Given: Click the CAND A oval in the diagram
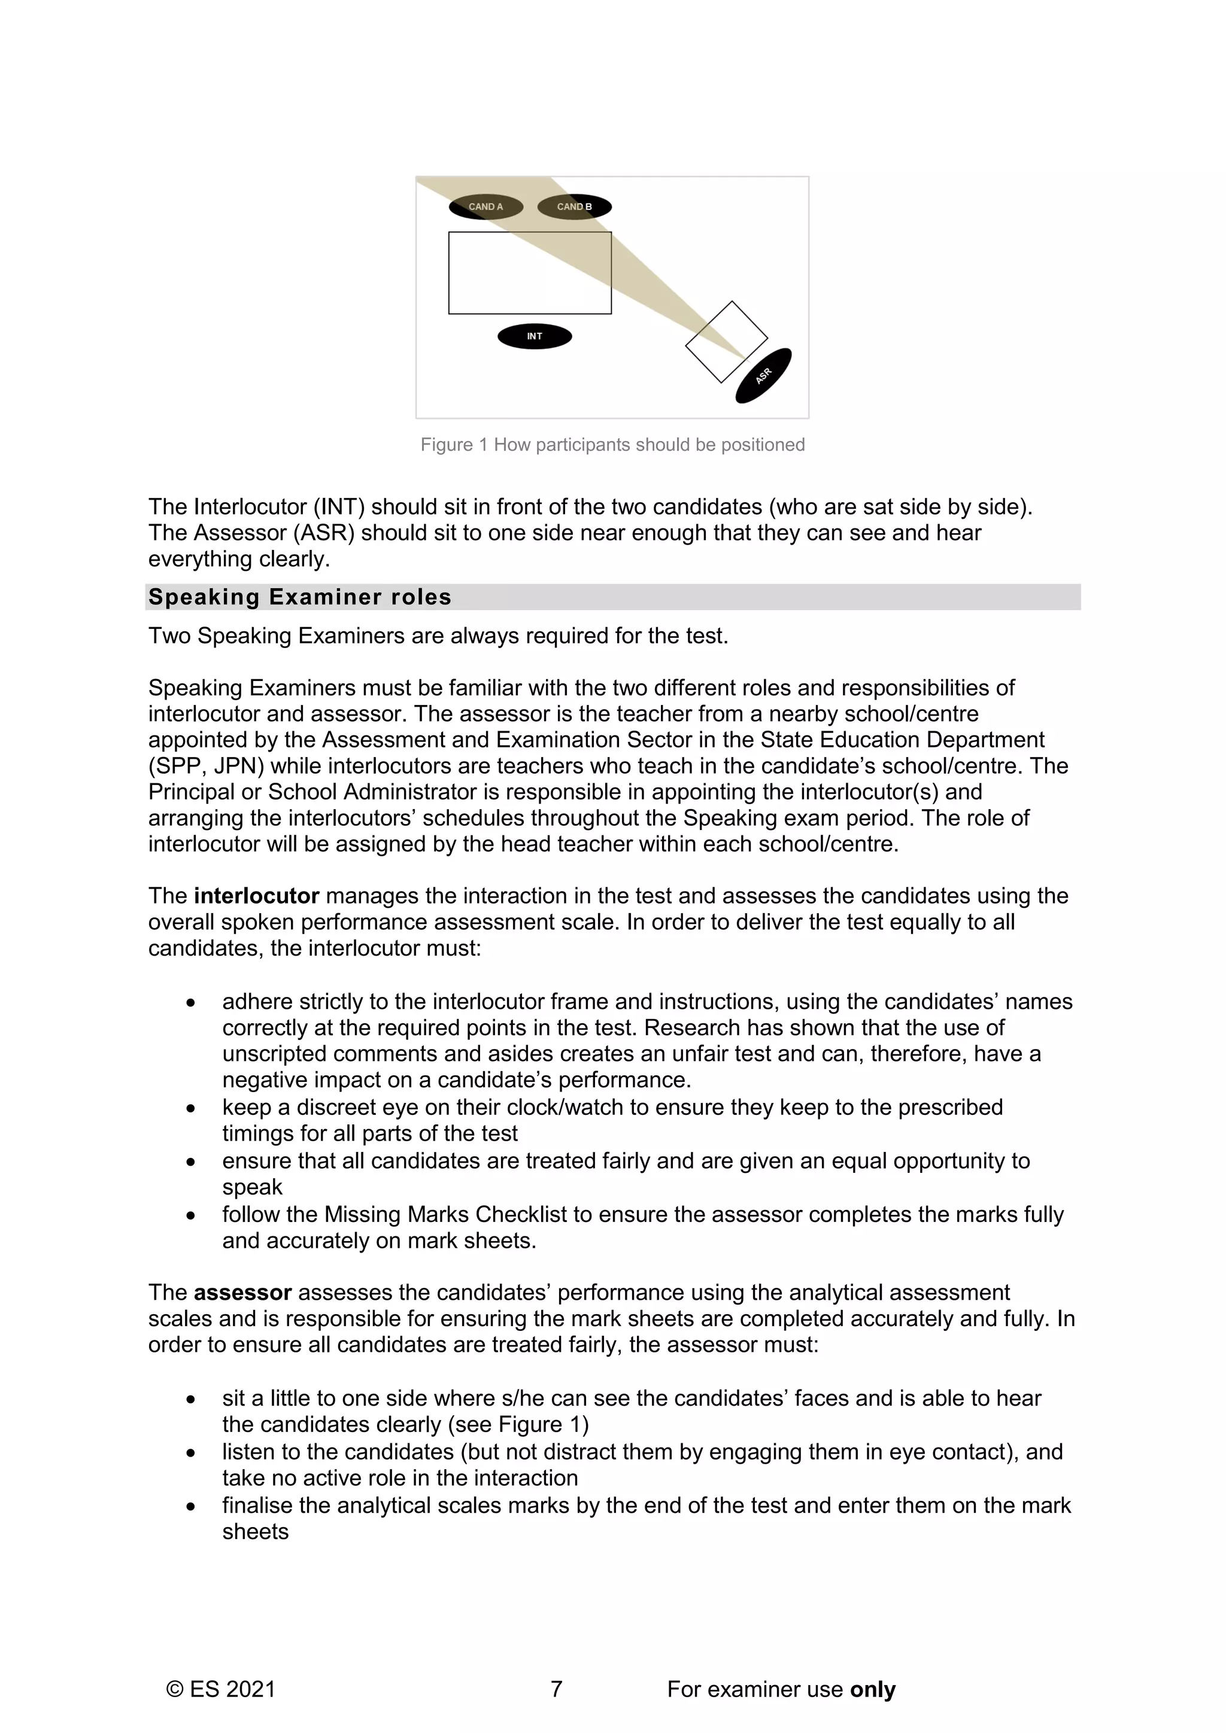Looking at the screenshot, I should click(485, 207).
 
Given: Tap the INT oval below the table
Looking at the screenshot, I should click(535, 337).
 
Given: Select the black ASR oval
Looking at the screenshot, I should click(764, 375).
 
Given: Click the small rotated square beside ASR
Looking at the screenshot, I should click(726, 342).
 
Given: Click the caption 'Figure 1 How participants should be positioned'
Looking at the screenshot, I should click(612, 445).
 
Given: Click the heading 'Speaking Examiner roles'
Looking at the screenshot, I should click(300, 597).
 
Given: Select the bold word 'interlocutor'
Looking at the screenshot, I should click(257, 896).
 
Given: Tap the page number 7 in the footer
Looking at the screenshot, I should click(556, 1689).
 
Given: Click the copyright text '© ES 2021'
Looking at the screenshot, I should click(220, 1689).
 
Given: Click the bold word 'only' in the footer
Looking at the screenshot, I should click(873, 1689).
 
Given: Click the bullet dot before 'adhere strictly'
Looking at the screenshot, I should click(191, 1003).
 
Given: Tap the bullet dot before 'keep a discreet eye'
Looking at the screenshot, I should click(191, 1109).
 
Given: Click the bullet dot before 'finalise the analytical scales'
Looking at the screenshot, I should click(191, 1507).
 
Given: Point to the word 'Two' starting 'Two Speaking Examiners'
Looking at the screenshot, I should click(169, 636).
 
